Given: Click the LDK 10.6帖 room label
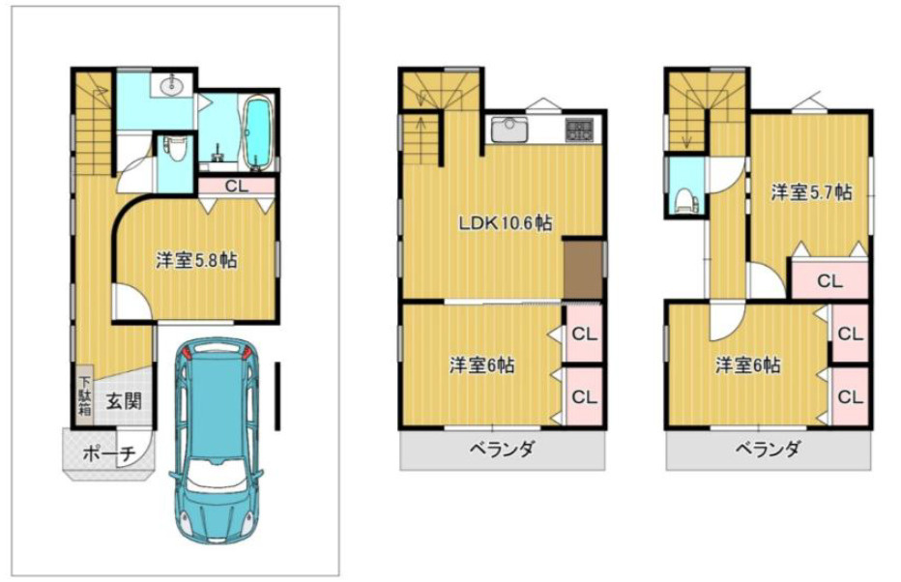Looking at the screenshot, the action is pos(505,222).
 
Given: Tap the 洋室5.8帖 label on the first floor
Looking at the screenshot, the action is pos(196,261).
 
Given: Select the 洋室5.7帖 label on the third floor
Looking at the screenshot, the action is pos(811,192).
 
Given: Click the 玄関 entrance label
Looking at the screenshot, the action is pos(124,400).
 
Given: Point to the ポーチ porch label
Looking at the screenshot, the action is pos(109,453).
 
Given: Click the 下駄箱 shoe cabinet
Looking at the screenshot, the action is pos(85,395).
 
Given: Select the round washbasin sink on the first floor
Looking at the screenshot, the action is pos(172,87).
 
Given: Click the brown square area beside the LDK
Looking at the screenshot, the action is pos(582,270).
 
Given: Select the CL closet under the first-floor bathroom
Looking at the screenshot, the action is pos(236,187).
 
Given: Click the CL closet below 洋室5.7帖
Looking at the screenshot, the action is pos(829,281).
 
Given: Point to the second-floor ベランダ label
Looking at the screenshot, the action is pos(503,449).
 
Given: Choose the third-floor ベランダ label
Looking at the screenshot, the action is pos(769,449).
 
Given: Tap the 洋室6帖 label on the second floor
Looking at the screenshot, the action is pos(481,365).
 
